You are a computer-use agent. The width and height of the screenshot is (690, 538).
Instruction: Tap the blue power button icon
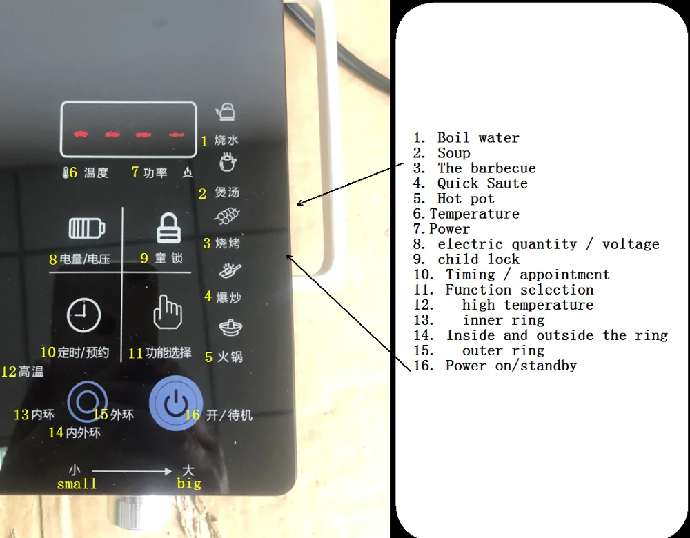point(176,403)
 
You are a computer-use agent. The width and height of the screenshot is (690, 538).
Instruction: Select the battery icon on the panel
point(87,228)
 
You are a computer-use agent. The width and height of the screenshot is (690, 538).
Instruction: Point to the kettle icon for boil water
point(226,111)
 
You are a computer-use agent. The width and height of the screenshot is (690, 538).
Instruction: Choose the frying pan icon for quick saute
point(228,271)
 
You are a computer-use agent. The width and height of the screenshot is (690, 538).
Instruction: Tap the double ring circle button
point(87,401)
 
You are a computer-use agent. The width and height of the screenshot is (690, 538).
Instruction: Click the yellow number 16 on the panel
point(193,415)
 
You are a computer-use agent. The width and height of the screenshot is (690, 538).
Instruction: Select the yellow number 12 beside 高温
point(9,372)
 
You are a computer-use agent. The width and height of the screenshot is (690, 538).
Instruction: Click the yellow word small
point(77,484)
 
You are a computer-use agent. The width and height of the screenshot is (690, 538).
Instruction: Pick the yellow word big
point(189,484)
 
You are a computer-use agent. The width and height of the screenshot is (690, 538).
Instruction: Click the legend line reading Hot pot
point(466,199)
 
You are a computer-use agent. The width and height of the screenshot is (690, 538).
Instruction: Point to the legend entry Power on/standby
point(511,366)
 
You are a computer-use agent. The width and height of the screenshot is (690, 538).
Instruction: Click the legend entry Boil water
point(477,138)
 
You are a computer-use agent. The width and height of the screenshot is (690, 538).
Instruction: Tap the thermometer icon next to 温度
point(65,172)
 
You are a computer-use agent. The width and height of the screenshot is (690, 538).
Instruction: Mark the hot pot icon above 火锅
point(230,328)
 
